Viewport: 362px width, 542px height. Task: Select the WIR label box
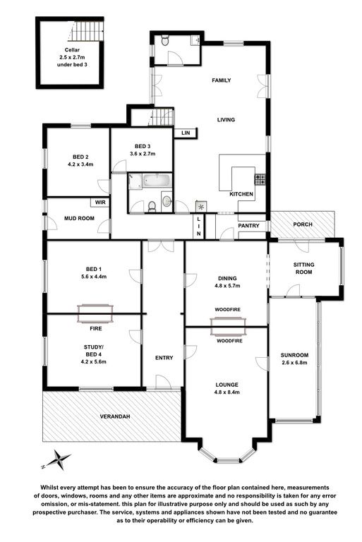click(100, 203)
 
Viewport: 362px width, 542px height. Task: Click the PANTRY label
click(248, 226)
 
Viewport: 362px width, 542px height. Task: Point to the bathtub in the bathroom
click(157, 181)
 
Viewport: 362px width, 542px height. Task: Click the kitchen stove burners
click(260, 179)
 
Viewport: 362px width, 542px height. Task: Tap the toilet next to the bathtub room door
click(152, 207)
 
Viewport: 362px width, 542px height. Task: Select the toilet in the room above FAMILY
click(165, 40)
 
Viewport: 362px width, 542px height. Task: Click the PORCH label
click(303, 224)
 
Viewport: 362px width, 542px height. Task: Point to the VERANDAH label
click(115, 416)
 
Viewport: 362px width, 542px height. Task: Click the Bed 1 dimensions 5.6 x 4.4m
click(94, 276)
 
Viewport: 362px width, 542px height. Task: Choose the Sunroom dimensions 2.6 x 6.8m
click(294, 363)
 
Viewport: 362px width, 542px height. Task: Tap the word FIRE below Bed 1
click(96, 328)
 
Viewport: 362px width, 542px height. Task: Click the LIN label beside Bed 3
click(186, 133)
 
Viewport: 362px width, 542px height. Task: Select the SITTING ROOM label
click(303, 268)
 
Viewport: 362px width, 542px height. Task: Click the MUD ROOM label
click(79, 218)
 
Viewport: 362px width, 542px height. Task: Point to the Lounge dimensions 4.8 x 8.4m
click(227, 392)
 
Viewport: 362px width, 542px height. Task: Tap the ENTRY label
click(164, 358)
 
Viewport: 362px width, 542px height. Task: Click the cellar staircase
click(88, 31)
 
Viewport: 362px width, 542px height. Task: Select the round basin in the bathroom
click(167, 200)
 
